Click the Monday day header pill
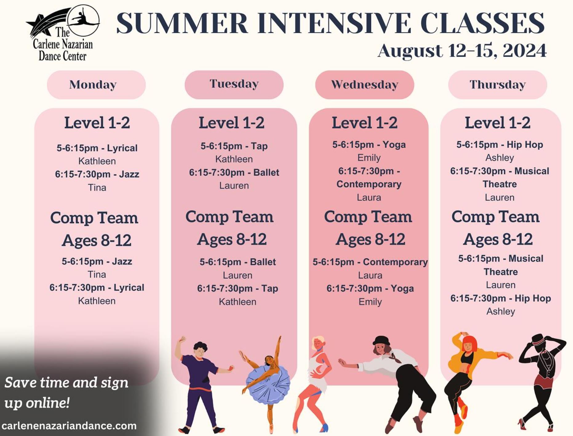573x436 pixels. click(96, 85)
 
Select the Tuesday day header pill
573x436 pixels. click(234, 85)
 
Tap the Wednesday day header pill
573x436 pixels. click(365, 85)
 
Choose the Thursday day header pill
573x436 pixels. click(498, 85)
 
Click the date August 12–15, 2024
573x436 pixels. click(462, 50)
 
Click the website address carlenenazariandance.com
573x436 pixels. click(69, 426)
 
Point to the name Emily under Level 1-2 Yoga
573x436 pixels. click(369, 158)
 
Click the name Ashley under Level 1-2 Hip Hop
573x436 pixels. click(499, 158)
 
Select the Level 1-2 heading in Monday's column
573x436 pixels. click(97, 123)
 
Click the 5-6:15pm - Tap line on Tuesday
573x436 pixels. click(234, 146)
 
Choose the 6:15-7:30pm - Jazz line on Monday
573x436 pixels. click(97, 174)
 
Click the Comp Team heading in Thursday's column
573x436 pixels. click(495, 217)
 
